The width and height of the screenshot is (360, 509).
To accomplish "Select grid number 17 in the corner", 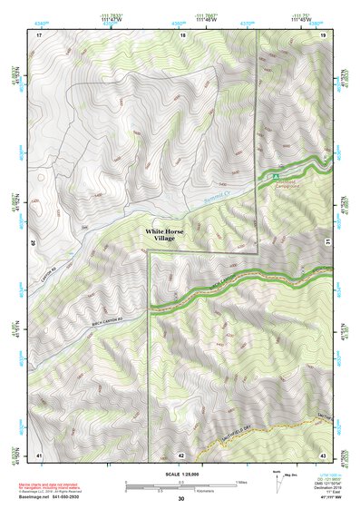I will (39, 34).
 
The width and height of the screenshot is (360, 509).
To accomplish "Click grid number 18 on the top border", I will (183, 34).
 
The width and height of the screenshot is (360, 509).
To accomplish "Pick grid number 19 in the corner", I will (323, 34).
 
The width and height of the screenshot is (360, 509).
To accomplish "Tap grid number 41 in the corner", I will (39, 453).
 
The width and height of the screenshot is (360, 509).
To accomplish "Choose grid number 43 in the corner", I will (323, 453).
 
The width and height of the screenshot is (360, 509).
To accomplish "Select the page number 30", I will (180, 499).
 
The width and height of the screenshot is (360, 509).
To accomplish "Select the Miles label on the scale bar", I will (239, 482).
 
